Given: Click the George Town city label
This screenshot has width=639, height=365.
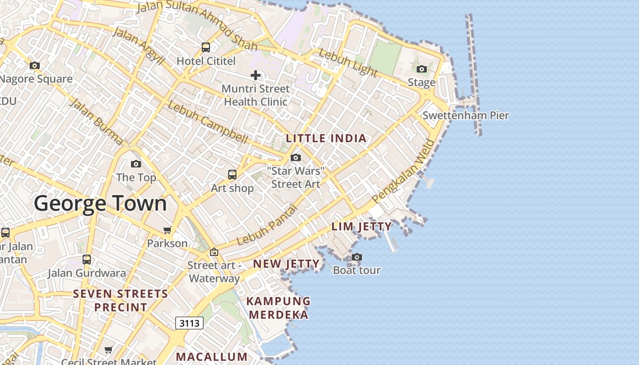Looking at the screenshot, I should pyautogui.click(x=100, y=203).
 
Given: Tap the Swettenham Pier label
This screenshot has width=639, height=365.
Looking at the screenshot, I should pyautogui.click(x=466, y=115).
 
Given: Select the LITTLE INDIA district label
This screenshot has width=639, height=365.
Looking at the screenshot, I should pyautogui.click(x=326, y=138).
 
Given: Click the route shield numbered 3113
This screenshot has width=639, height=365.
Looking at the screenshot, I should pyautogui.click(x=189, y=323).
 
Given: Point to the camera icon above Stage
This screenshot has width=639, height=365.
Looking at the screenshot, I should pyautogui.click(x=422, y=69).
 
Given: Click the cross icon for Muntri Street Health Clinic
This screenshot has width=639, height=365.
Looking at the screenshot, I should pyautogui.click(x=256, y=75).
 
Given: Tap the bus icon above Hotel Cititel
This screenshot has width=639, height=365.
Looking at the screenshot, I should pyautogui.click(x=206, y=47).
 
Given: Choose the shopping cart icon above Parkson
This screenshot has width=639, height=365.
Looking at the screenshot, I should pyautogui.click(x=168, y=230).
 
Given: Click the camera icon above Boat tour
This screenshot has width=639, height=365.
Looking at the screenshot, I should pyautogui.click(x=357, y=257).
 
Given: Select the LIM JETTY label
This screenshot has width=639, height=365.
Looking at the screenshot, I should pyautogui.click(x=361, y=226).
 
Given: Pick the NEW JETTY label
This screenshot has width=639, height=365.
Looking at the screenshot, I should pyautogui.click(x=286, y=264).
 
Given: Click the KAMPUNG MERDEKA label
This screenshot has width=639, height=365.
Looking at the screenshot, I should pyautogui.click(x=278, y=308).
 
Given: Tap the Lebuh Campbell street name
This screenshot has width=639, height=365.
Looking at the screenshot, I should pyautogui.click(x=208, y=122).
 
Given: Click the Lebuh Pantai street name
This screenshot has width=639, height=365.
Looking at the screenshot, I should pyautogui.click(x=267, y=225).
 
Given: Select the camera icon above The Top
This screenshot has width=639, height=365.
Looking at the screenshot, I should pyautogui.click(x=136, y=164).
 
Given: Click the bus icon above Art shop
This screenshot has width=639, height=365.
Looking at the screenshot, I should pyautogui.click(x=232, y=174).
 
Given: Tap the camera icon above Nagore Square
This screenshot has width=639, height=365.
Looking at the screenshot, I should pyautogui.click(x=35, y=66).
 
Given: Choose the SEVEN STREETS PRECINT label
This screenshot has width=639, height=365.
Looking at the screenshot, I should pyautogui.click(x=120, y=300).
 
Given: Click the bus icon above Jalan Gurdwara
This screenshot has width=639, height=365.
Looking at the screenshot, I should pyautogui.click(x=87, y=260).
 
